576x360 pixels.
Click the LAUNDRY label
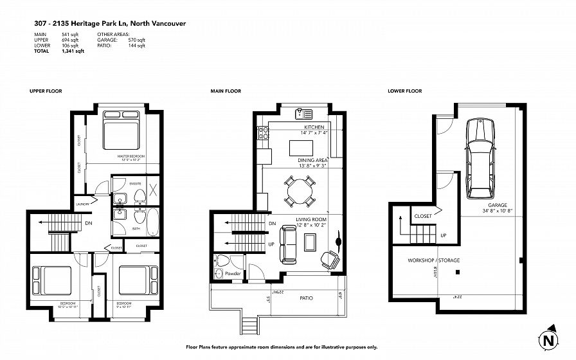point(82,204)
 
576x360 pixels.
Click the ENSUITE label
point(135,184)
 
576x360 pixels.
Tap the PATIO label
point(306,298)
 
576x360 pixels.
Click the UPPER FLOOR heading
point(46,91)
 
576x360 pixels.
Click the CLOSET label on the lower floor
point(422,216)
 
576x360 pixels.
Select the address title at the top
point(110,22)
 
